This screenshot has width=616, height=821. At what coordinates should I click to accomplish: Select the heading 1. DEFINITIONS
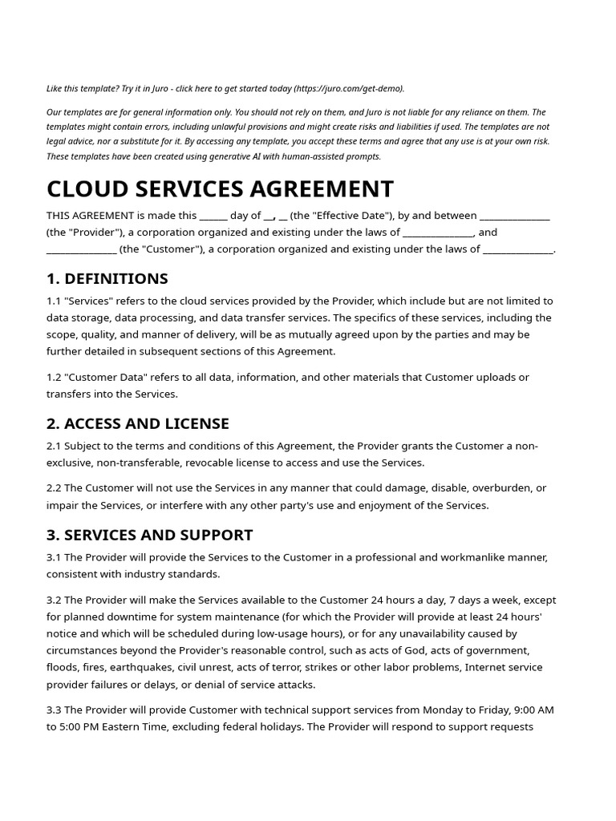pos(107,278)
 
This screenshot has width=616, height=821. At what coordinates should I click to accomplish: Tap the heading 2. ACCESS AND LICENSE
pos(137,423)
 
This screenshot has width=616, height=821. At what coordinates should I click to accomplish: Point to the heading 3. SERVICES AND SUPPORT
pos(149,535)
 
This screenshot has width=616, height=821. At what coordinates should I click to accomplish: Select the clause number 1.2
pos(54,377)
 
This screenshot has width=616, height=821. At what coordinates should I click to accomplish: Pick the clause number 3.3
pos(54,710)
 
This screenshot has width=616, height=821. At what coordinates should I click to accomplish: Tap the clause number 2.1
pos(54,446)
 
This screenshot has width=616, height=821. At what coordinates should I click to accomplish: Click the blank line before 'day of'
pos(213,215)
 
